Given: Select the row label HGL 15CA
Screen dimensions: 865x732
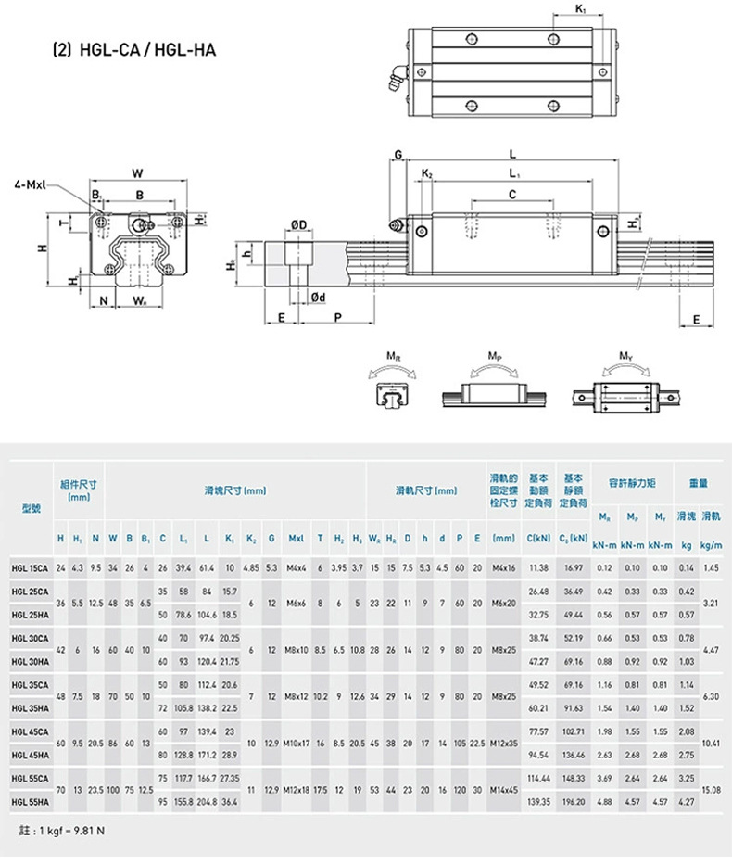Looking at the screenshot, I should (32, 567).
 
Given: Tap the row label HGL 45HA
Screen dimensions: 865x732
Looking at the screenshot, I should (32, 757).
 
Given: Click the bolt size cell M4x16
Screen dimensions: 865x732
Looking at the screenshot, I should (504, 567).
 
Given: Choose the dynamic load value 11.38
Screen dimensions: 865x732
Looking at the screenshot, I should (538, 567).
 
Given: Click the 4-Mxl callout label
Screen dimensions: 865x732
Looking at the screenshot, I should (31, 184).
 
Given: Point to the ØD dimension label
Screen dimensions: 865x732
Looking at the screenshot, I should (298, 224).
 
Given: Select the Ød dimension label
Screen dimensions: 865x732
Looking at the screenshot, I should (316, 297).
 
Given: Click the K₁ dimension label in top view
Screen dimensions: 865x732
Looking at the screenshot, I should (580, 9).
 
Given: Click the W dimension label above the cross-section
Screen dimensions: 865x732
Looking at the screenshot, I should (137, 172).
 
